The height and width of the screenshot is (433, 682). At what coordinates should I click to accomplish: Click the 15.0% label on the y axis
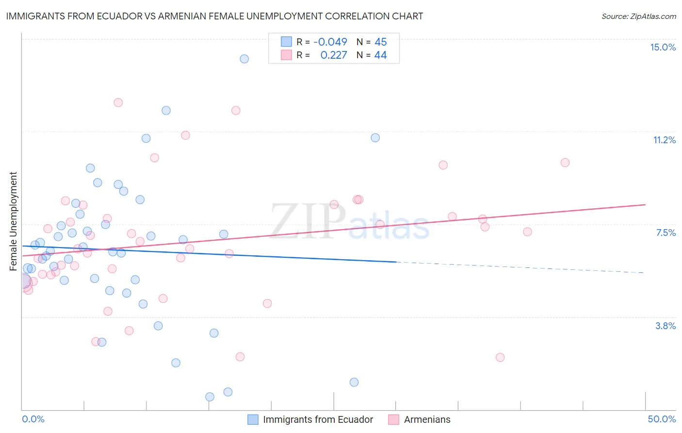tap(663, 47)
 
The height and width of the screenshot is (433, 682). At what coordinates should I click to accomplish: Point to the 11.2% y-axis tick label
tap(664, 140)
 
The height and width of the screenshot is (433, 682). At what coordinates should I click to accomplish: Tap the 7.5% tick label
tap(666, 233)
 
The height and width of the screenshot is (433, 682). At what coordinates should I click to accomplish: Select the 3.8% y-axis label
tap(666, 326)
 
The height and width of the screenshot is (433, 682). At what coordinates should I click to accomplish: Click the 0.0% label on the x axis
tap(33, 419)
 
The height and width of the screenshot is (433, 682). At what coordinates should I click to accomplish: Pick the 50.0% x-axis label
tap(662, 419)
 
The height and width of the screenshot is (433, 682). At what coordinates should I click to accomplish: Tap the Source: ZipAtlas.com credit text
tap(638, 17)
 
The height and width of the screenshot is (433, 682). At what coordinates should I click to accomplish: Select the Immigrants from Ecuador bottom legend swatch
tap(253, 419)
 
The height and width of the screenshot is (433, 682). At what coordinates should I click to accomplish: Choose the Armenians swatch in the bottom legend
tap(393, 419)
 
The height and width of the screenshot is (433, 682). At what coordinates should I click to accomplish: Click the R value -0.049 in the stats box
tap(330, 42)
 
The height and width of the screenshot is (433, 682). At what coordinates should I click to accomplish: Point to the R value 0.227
tap(333, 55)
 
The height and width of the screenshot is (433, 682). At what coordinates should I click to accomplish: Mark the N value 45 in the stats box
tap(380, 42)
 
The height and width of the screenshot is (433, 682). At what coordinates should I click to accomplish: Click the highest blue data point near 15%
tap(244, 59)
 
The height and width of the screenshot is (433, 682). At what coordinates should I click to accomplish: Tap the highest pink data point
tap(118, 102)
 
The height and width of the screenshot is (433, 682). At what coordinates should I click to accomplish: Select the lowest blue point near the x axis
tap(210, 397)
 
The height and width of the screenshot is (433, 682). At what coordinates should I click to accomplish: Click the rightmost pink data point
tap(565, 163)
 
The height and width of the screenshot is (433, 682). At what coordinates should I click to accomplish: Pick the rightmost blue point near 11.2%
tap(375, 138)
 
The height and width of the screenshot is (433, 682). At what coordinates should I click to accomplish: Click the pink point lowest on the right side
tap(500, 357)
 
